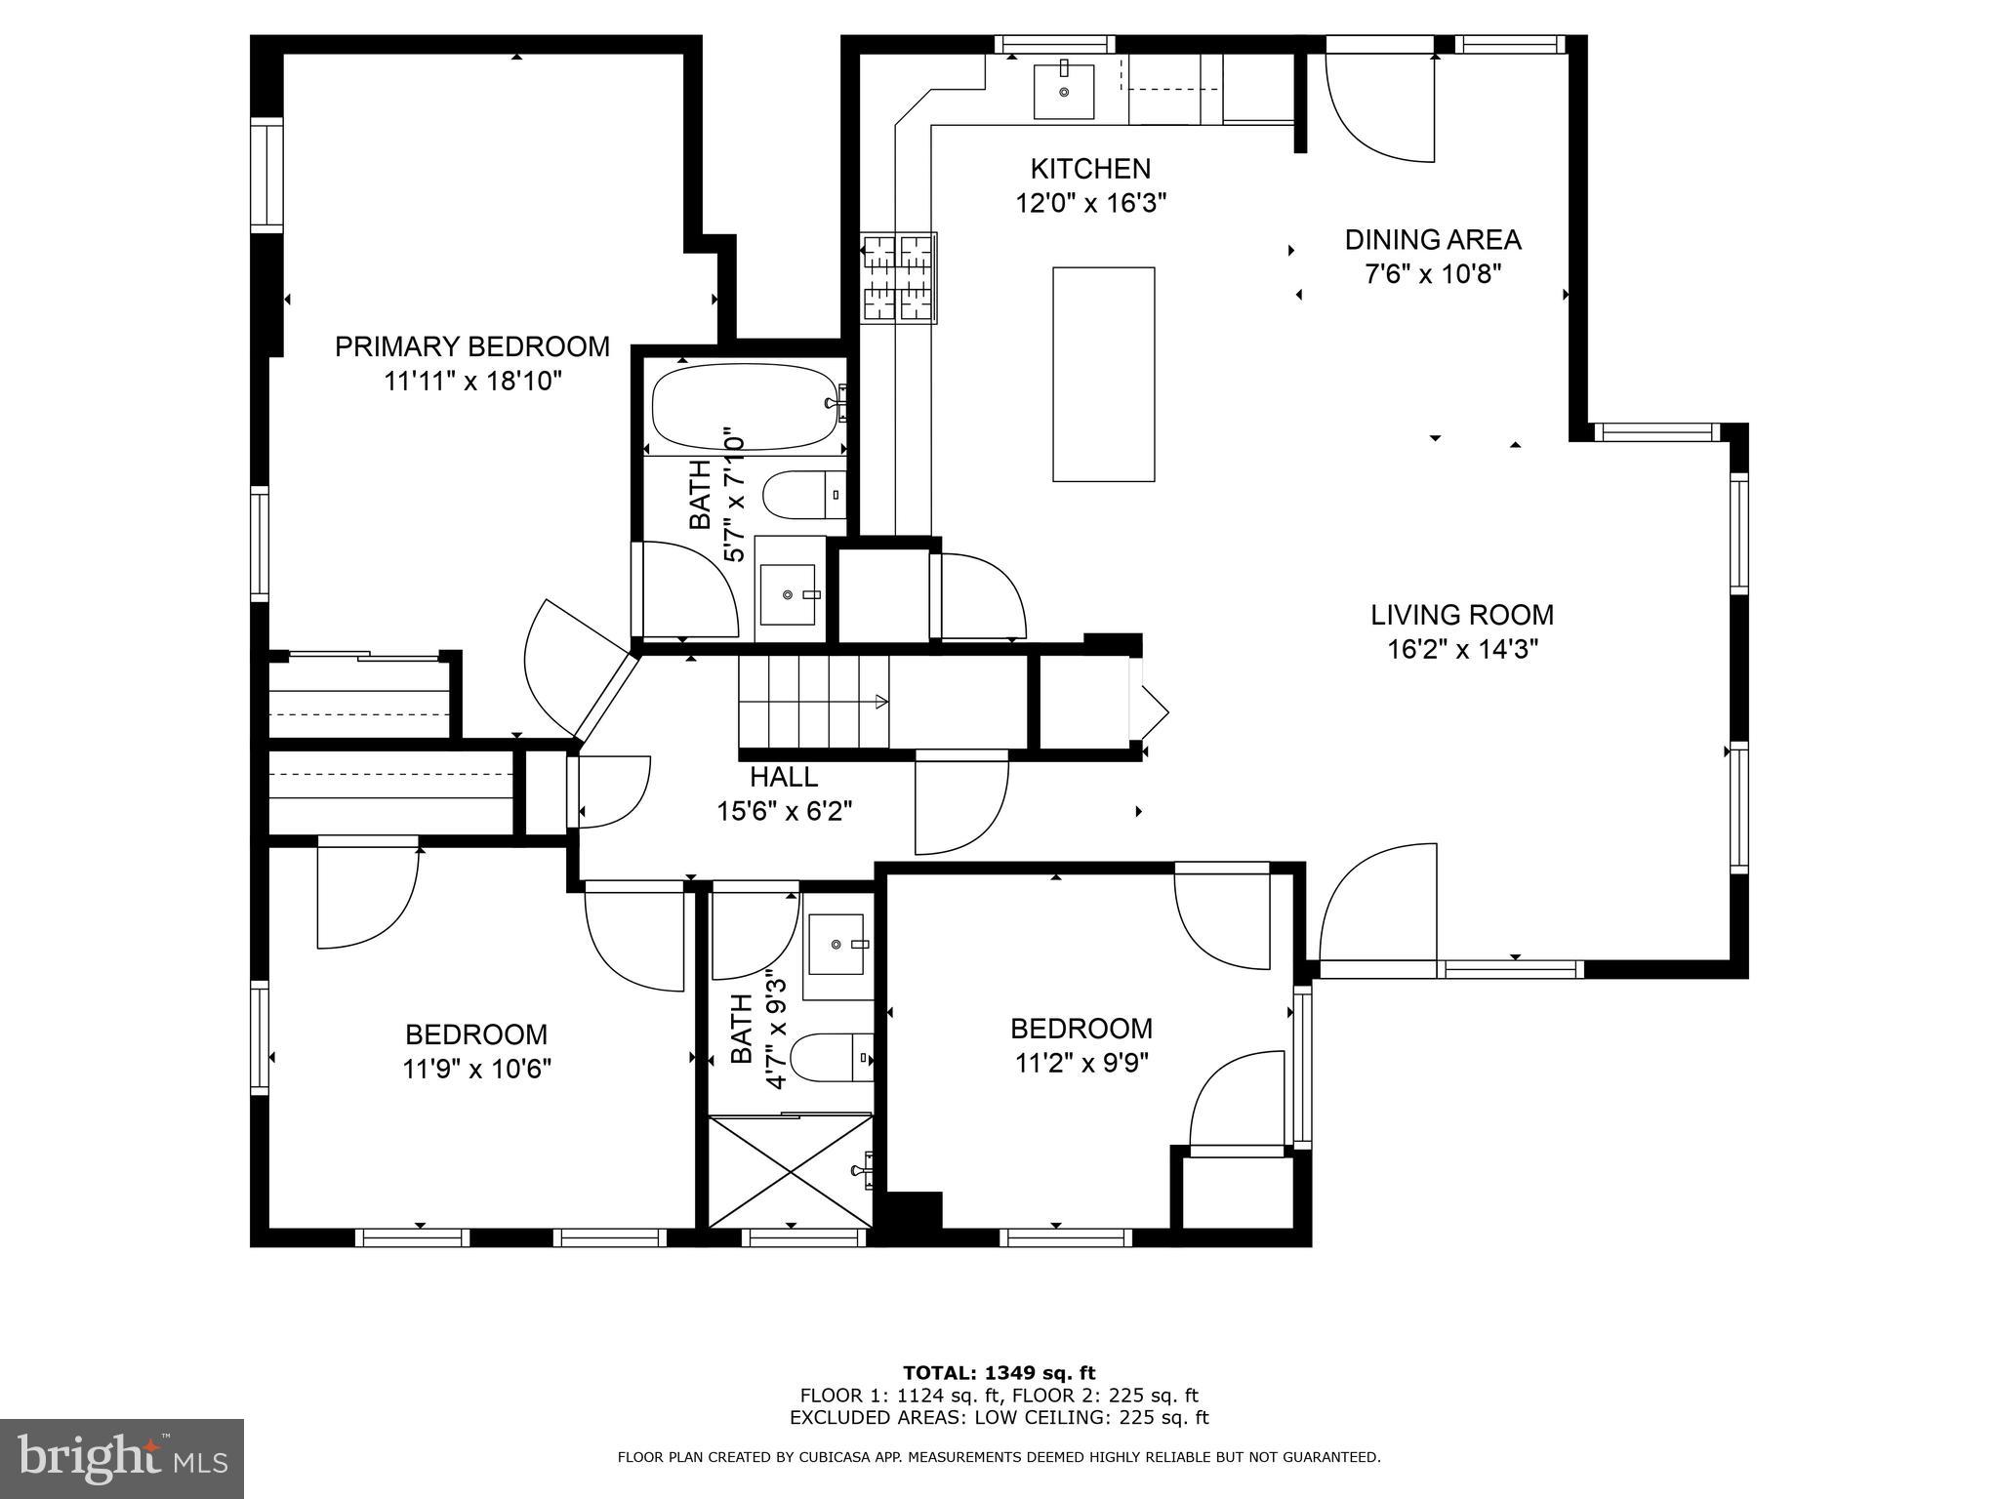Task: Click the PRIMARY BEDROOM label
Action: (472, 346)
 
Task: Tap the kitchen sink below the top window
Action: (1063, 90)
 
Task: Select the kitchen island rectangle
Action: (1103, 374)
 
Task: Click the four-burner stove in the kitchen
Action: (898, 278)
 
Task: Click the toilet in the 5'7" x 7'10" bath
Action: (802, 496)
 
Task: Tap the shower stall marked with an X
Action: (790, 1171)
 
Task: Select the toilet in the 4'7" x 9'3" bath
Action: (830, 1058)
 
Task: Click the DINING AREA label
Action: (1432, 239)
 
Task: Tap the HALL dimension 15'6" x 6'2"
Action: (785, 812)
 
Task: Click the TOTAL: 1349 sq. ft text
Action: (999, 1373)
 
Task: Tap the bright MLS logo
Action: (121, 1458)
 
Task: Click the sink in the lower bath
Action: (836, 944)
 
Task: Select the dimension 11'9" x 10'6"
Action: (476, 1069)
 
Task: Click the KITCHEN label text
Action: (1090, 169)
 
